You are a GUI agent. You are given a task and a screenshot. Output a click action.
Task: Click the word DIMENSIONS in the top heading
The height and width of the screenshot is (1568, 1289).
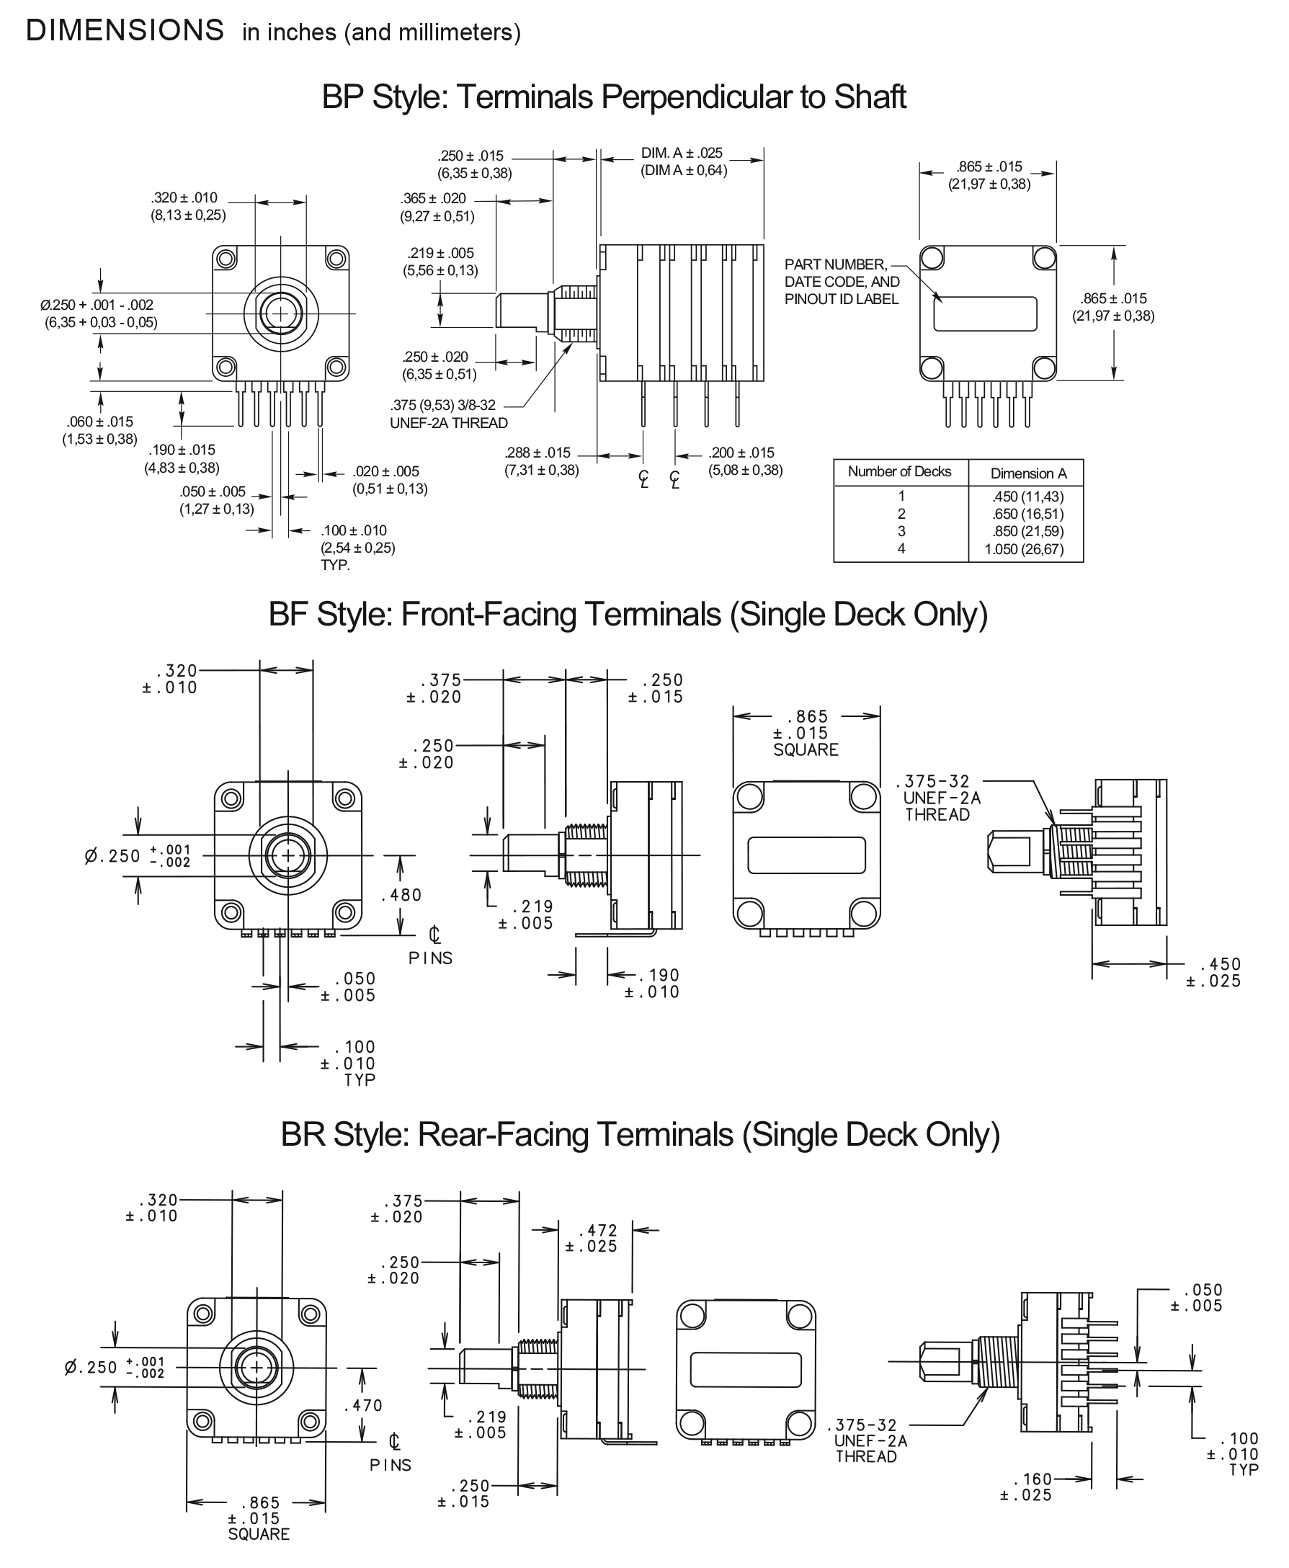[125, 30]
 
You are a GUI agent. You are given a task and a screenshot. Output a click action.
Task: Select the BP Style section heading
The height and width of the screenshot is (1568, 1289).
[613, 97]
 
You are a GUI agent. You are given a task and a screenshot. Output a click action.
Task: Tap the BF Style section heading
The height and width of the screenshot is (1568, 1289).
[628, 614]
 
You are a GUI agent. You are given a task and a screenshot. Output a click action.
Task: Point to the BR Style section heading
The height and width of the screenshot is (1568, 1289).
[640, 1133]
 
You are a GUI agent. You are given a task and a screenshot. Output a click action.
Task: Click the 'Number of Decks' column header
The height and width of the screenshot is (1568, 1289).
[899, 471]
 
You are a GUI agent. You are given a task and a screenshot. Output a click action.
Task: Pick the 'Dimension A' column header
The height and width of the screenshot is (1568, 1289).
[1028, 473]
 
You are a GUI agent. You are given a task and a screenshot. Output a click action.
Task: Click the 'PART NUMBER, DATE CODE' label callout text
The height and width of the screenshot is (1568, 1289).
[842, 281]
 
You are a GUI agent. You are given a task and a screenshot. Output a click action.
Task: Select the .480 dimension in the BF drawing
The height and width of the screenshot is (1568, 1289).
[402, 895]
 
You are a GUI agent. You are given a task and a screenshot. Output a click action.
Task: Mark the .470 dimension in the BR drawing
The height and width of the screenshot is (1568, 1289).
[363, 1404]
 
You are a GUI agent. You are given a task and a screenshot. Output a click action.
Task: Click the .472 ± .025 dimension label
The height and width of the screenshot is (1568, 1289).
[592, 1238]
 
